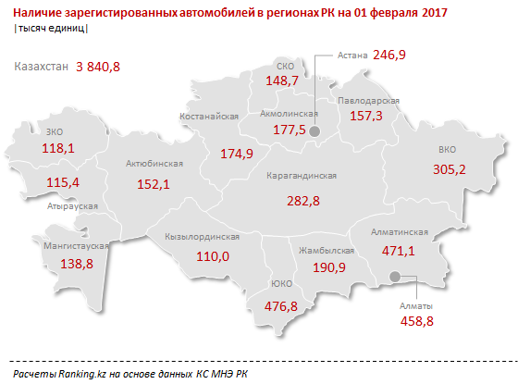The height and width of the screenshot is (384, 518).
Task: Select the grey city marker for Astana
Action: click(x=314, y=132)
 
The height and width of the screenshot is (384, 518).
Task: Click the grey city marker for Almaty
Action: click(x=395, y=276)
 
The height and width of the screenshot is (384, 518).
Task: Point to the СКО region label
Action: click(x=286, y=67)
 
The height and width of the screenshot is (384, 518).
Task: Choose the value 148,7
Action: click(x=282, y=81)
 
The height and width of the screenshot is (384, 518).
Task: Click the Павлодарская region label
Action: click(x=368, y=99)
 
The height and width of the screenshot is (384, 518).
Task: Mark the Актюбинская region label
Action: click(x=154, y=163)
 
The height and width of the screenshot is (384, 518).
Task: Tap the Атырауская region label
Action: click(x=71, y=206)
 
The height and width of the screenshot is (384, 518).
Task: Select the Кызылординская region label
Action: click(x=202, y=237)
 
